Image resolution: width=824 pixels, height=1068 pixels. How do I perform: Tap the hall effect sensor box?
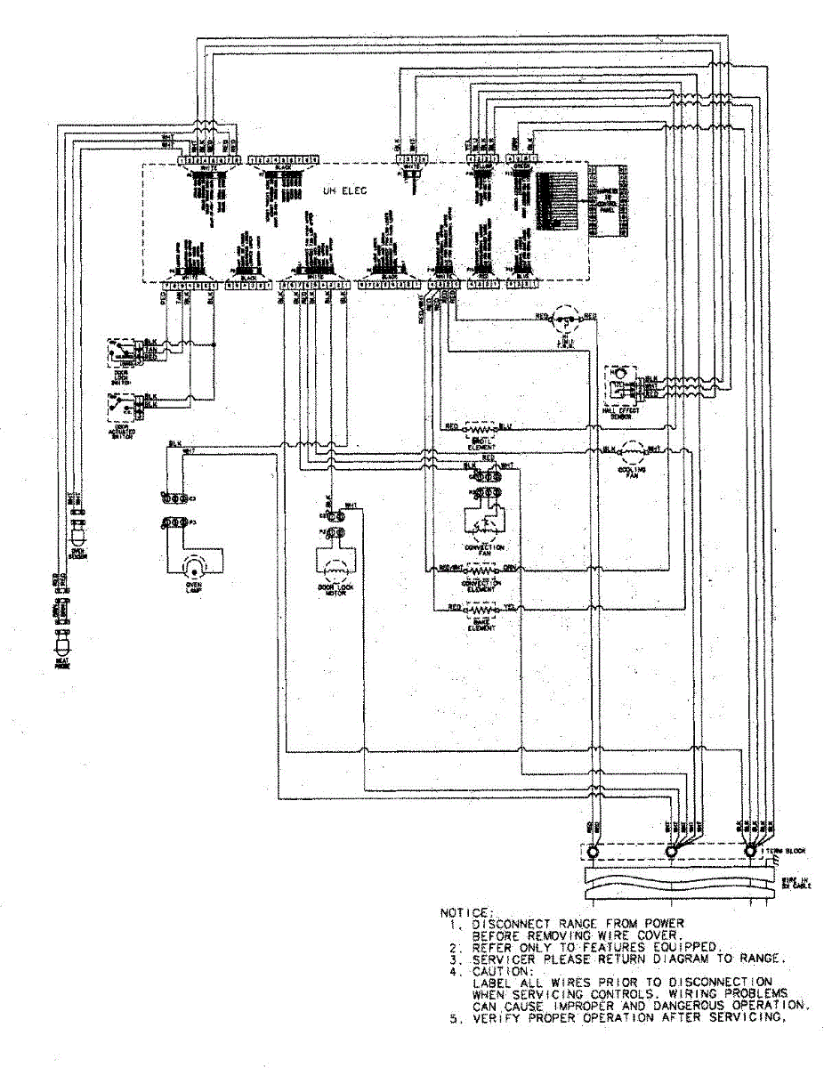pyautogui.click(x=624, y=381)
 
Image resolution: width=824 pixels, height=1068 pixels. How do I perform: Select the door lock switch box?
pyautogui.click(x=124, y=350)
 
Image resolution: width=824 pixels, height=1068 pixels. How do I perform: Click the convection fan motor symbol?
pyautogui.click(x=484, y=517)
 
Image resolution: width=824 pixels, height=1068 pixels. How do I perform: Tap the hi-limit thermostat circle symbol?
pyautogui.click(x=562, y=317)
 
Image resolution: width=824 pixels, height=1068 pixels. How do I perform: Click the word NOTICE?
pyautogui.click(x=465, y=912)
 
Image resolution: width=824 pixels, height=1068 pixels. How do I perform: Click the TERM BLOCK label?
pyautogui.click(x=786, y=851)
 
